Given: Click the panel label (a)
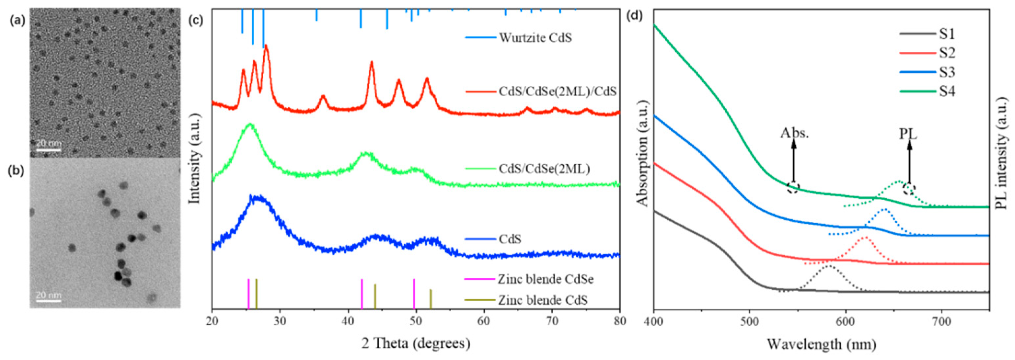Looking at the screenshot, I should coord(17,20).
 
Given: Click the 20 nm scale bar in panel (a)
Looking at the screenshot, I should coord(49,150).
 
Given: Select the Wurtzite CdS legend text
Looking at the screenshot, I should coord(535,38).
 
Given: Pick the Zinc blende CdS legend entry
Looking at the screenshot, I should coord(542,300).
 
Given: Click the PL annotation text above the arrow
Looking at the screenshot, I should coord(908,134).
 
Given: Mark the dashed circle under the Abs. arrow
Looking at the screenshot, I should coord(793,188).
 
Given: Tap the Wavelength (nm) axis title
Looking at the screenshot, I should coord(822,344).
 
